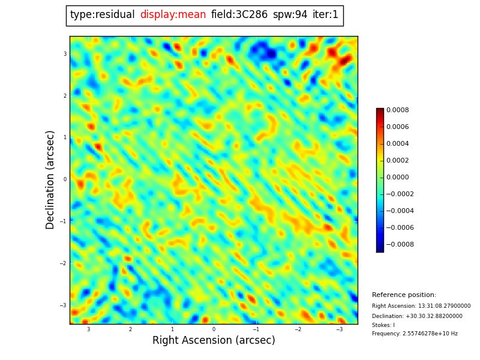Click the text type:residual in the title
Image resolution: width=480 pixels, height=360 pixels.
point(102,15)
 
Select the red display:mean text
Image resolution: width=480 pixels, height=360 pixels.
point(173,15)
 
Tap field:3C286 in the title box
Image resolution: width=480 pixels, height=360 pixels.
point(239,15)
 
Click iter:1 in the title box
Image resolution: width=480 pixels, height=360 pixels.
point(325,15)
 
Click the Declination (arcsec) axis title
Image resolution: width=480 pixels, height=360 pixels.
point(51,179)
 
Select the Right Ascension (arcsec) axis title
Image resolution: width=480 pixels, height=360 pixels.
point(214,341)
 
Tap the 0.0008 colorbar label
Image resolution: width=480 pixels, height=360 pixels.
point(397,110)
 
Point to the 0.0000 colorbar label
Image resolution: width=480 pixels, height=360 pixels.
point(397,178)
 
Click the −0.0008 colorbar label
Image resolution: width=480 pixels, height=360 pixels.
point(397,245)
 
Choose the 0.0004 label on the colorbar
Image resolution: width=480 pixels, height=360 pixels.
point(397,144)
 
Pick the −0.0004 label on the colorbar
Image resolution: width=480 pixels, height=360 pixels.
point(397,211)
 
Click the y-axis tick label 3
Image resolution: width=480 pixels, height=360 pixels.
point(65,54)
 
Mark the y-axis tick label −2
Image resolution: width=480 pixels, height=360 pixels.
point(63,263)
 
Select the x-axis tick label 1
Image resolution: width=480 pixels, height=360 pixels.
point(172,329)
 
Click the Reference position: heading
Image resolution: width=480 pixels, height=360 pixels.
point(404,295)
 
